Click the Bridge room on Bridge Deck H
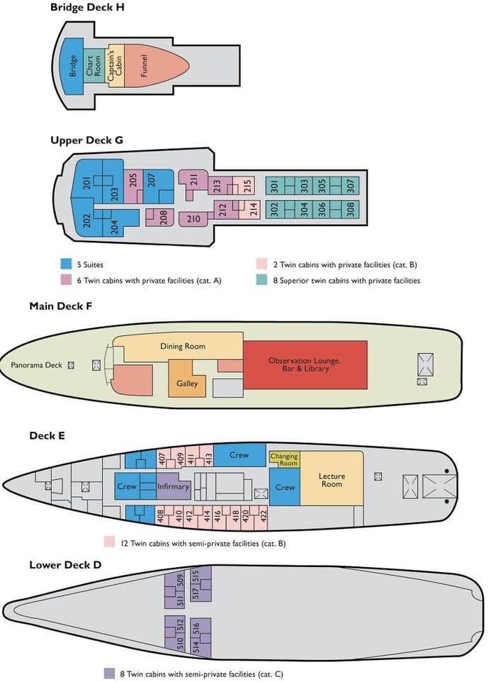tap(71, 65)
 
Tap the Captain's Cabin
tap(115, 65)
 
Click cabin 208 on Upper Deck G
tap(161, 218)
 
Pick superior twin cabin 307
tap(351, 186)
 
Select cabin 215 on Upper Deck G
tap(246, 186)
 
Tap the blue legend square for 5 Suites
tap(66, 264)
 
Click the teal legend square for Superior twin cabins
tap(261, 280)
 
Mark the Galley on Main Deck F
tap(187, 379)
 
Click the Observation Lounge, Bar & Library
tap(305, 365)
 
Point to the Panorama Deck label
tap(37, 365)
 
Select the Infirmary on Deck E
tap(173, 486)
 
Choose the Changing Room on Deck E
tap(284, 459)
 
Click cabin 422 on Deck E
tap(262, 518)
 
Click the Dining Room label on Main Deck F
tap(183, 346)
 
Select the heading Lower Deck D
tap(65, 564)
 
